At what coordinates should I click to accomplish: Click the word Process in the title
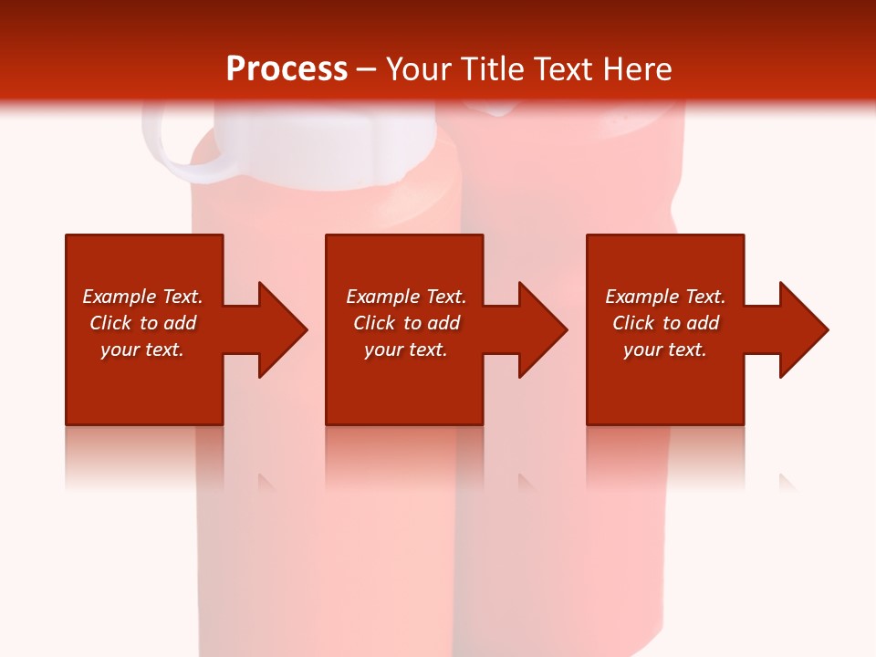coord(287,69)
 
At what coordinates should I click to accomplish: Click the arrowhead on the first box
coord(278,329)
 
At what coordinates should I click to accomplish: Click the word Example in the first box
coord(120,297)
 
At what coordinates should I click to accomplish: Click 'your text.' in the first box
coord(142,349)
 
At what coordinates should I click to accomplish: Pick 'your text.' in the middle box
coord(405,349)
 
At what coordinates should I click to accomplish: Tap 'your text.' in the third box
coord(665,349)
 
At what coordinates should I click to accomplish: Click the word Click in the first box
coord(110,323)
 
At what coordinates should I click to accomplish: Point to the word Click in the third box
coord(633,323)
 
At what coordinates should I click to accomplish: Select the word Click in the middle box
coord(374,323)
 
